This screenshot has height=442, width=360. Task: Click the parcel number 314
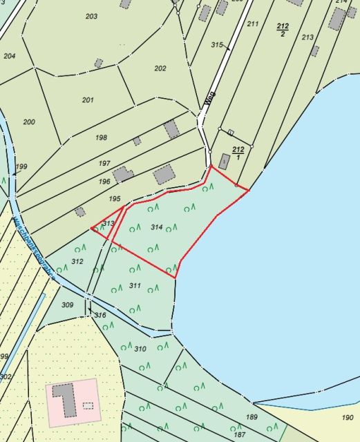point(156,227)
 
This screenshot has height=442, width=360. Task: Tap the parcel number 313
point(108,223)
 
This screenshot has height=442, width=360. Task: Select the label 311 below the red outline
point(135,285)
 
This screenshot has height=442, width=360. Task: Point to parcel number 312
point(77,261)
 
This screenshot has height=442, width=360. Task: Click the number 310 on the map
point(140,349)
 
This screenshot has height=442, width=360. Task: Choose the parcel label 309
point(67,305)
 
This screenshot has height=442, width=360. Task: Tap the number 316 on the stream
point(101,315)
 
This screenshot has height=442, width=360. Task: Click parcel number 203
point(91,16)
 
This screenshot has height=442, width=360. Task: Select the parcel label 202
point(160,68)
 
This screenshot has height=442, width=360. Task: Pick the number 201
point(88,100)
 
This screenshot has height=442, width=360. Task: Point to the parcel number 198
point(102,137)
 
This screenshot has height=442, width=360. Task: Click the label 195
point(115,198)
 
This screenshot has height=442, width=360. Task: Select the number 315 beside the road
point(217,46)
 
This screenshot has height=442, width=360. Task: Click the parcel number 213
point(307,37)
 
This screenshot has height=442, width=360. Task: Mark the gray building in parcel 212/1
point(224,161)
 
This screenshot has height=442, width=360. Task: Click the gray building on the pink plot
point(65,399)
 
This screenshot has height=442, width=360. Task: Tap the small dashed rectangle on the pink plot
point(87,406)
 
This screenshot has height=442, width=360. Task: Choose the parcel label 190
point(347,417)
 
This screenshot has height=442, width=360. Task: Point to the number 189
point(252,416)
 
